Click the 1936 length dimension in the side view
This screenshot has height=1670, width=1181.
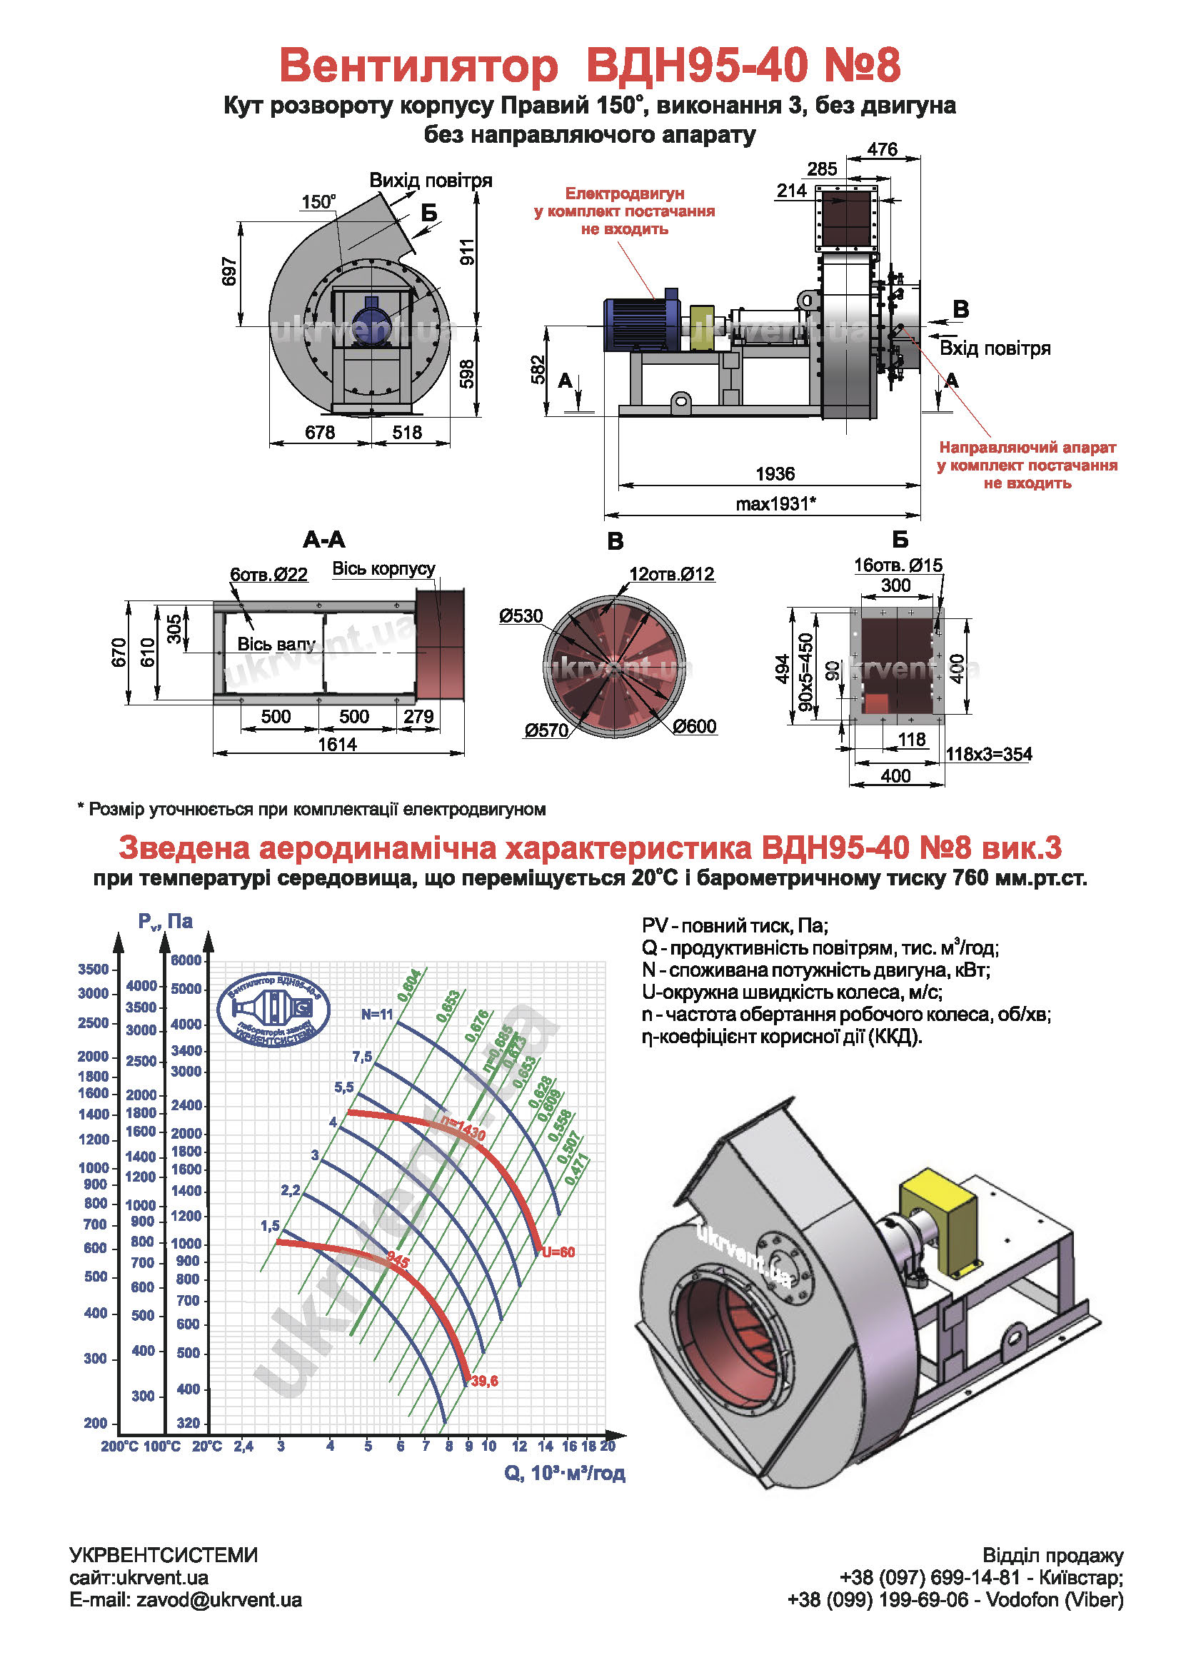[775, 474]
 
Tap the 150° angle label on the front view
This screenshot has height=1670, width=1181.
[318, 201]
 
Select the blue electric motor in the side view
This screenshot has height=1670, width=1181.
[640, 324]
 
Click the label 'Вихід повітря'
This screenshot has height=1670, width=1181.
[431, 181]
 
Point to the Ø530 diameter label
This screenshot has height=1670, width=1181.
[521, 616]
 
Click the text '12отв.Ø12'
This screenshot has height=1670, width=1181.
[671, 574]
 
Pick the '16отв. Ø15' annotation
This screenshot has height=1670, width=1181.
[898, 565]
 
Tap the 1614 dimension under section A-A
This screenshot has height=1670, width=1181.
[338, 745]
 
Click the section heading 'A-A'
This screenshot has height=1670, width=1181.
[323, 540]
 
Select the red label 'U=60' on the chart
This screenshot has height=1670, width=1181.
[558, 1252]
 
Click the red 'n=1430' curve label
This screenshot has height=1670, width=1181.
[463, 1128]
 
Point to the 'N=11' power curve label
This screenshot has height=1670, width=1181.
[377, 1015]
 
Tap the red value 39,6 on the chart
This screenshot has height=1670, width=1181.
[484, 1381]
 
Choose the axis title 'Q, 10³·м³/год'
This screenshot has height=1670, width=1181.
[564, 1473]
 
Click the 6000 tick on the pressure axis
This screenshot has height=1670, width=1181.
[186, 960]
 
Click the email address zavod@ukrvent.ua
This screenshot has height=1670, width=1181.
[218, 1600]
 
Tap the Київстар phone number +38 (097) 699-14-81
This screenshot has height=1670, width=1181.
[930, 1578]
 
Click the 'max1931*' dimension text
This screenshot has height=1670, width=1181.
[775, 503]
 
